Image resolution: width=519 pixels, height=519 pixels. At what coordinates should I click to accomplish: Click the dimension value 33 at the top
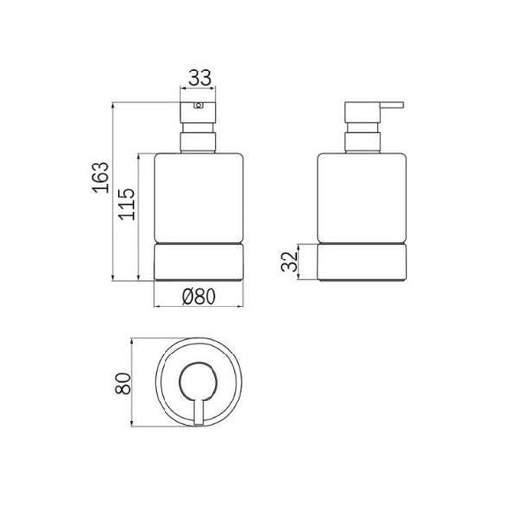point(200,75)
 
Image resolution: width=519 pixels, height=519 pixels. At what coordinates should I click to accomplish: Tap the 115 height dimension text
point(127,207)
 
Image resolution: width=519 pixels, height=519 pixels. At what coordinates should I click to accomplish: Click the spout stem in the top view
point(200,401)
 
